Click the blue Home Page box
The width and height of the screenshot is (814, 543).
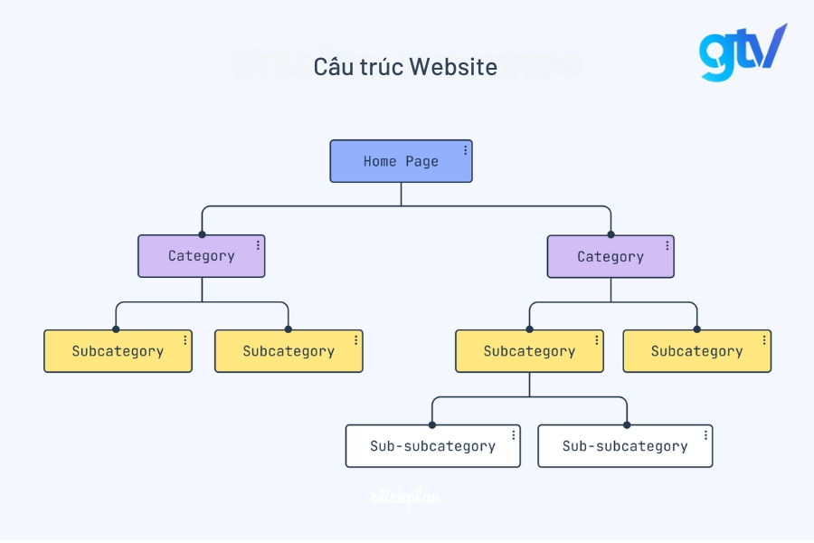pos(401,161)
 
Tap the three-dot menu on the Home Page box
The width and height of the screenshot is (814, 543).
pos(466,151)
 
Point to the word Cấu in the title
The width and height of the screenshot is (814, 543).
pos(332,66)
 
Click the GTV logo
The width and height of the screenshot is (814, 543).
pos(742,52)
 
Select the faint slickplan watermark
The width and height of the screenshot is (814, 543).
pos(407,496)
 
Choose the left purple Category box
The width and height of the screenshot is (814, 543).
pos(201,256)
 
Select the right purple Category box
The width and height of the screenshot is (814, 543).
pos(610,256)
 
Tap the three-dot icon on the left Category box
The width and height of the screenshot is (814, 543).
pos(258,245)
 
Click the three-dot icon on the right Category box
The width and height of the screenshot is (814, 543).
pos(667,245)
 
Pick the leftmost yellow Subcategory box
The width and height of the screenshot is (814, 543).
pos(118,351)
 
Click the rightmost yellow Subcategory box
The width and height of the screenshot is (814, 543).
pos(696,351)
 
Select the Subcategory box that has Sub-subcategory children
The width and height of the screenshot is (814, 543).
pos(529,351)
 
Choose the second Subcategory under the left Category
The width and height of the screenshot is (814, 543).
pos(289,351)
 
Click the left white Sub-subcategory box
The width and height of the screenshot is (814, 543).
pos(432,446)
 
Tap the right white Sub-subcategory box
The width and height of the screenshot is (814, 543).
pos(625,446)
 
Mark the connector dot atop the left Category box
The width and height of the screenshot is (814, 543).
pos(202,234)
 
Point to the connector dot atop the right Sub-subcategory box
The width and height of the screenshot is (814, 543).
pos(625,424)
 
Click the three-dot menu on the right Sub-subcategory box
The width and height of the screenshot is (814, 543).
pos(705,435)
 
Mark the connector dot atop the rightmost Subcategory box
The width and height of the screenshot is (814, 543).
pos(697,329)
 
